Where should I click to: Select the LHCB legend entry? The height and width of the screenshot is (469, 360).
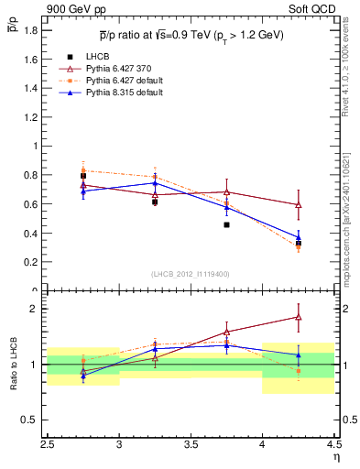tap(101, 56)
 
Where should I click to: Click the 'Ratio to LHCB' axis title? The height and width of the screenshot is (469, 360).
tap(14, 365)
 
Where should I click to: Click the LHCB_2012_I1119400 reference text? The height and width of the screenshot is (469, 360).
tap(191, 274)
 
